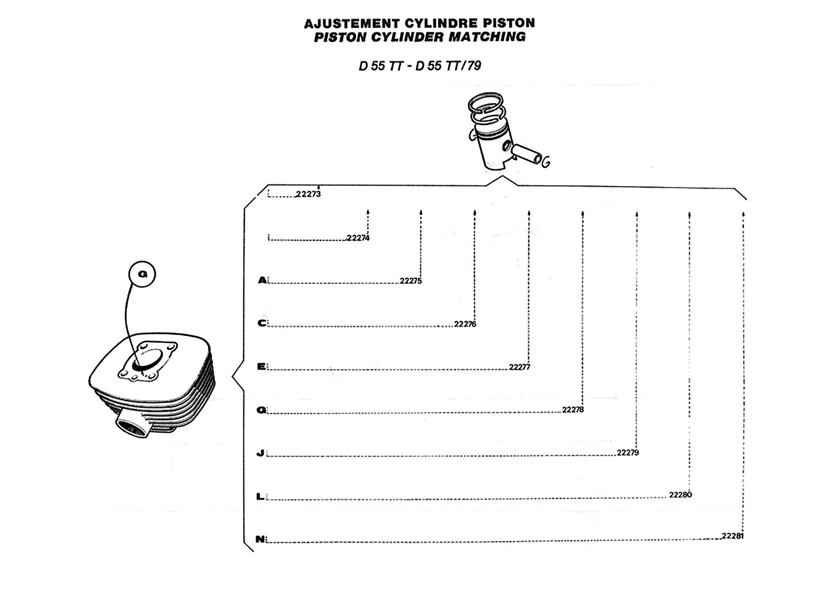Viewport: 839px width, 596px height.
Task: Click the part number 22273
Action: [308, 194]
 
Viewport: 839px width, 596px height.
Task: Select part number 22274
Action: [358, 238]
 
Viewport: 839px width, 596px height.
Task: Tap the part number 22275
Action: [411, 281]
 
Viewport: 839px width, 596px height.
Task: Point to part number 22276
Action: [465, 324]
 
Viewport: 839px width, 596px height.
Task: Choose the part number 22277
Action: [520, 368]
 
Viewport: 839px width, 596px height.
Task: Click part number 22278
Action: [573, 410]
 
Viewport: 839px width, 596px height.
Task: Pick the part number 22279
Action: [628, 453]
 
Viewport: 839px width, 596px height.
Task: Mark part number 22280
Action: [681, 495]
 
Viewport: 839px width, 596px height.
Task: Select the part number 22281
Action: [733, 536]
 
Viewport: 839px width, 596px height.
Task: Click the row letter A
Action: [262, 281]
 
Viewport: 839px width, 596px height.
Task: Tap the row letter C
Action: [262, 323]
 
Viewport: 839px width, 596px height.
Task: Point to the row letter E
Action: [262, 367]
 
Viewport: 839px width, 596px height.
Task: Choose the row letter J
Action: [261, 453]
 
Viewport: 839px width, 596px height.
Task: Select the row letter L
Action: [260, 496]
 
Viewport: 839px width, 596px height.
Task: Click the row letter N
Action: [260, 539]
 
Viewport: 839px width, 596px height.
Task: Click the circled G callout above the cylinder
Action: [142, 274]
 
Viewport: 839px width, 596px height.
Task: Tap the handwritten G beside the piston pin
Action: [546, 162]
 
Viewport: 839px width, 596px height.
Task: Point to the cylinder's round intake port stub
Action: [133, 426]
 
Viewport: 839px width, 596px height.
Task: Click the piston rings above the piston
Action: [487, 108]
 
